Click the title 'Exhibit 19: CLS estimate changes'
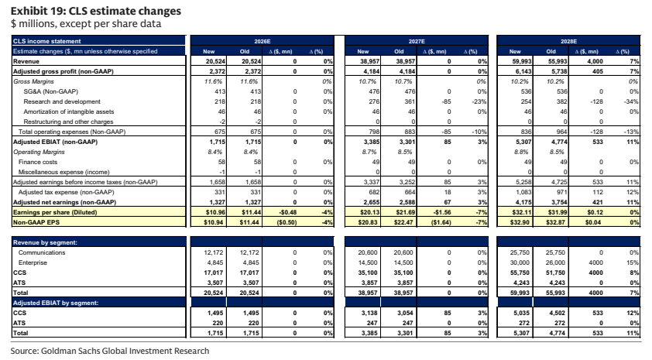click(x=96, y=11)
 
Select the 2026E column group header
click(x=263, y=41)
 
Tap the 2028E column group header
click(x=568, y=41)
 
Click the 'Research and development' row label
click(x=62, y=101)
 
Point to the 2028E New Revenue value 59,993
click(x=521, y=61)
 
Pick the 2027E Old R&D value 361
click(x=410, y=101)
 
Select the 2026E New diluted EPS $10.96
click(x=215, y=212)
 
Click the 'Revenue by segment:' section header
click(x=45, y=242)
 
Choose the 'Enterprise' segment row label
click(x=33, y=262)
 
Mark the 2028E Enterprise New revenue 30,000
click(x=520, y=262)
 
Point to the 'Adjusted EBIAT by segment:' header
click(x=56, y=303)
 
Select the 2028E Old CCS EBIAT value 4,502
click(x=557, y=313)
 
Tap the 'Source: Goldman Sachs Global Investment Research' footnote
click(x=110, y=351)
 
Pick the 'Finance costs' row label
click(x=38, y=162)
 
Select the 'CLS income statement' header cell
click(x=47, y=41)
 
